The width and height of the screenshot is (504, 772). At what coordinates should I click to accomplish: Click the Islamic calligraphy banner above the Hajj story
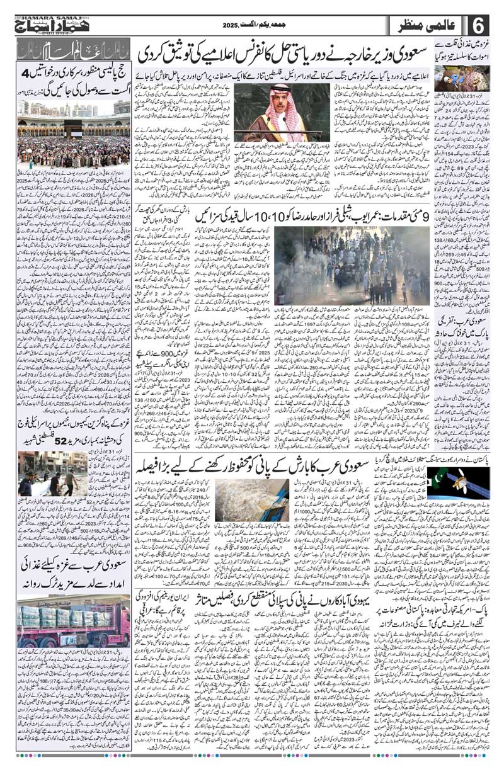point(72,48)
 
